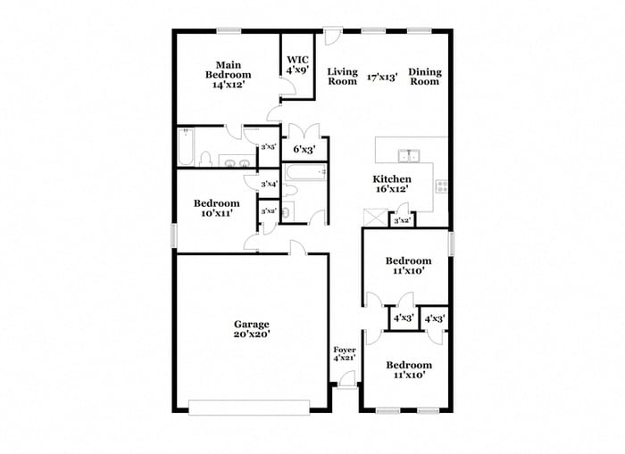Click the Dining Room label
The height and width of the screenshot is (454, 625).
click(424, 77)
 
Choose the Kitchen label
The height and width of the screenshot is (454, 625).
click(391, 179)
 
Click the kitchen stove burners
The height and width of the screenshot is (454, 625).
click(440, 186)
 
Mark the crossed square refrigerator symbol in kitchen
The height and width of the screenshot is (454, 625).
click(373, 218)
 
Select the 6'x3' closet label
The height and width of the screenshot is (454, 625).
click(305, 150)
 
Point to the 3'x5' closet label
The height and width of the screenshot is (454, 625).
click(268, 147)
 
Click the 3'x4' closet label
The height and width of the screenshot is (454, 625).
click(268, 185)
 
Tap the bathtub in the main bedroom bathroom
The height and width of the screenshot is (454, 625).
click(185, 147)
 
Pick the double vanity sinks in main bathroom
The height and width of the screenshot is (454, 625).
click(235, 162)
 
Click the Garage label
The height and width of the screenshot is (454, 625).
click(252, 324)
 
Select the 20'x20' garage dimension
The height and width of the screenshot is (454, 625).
click(252, 334)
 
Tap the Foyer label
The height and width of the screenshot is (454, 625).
click(345, 349)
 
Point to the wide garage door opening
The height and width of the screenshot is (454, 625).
click(249, 408)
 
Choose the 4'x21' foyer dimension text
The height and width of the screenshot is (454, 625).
click(345, 358)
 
